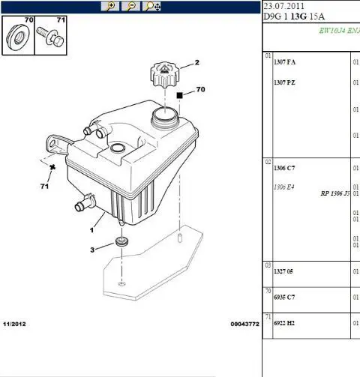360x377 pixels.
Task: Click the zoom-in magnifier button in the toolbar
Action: click(x=110, y=6)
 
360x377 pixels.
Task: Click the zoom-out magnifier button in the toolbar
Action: click(x=130, y=6)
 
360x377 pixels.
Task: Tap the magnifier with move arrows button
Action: click(x=151, y=6)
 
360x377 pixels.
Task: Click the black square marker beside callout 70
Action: click(x=179, y=95)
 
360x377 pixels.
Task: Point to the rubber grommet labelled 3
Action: click(x=122, y=242)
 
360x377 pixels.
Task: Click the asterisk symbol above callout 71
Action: click(x=52, y=167)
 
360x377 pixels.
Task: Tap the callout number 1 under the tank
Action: click(x=91, y=230)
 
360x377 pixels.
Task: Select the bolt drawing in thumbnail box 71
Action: click(x=50, y=37)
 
